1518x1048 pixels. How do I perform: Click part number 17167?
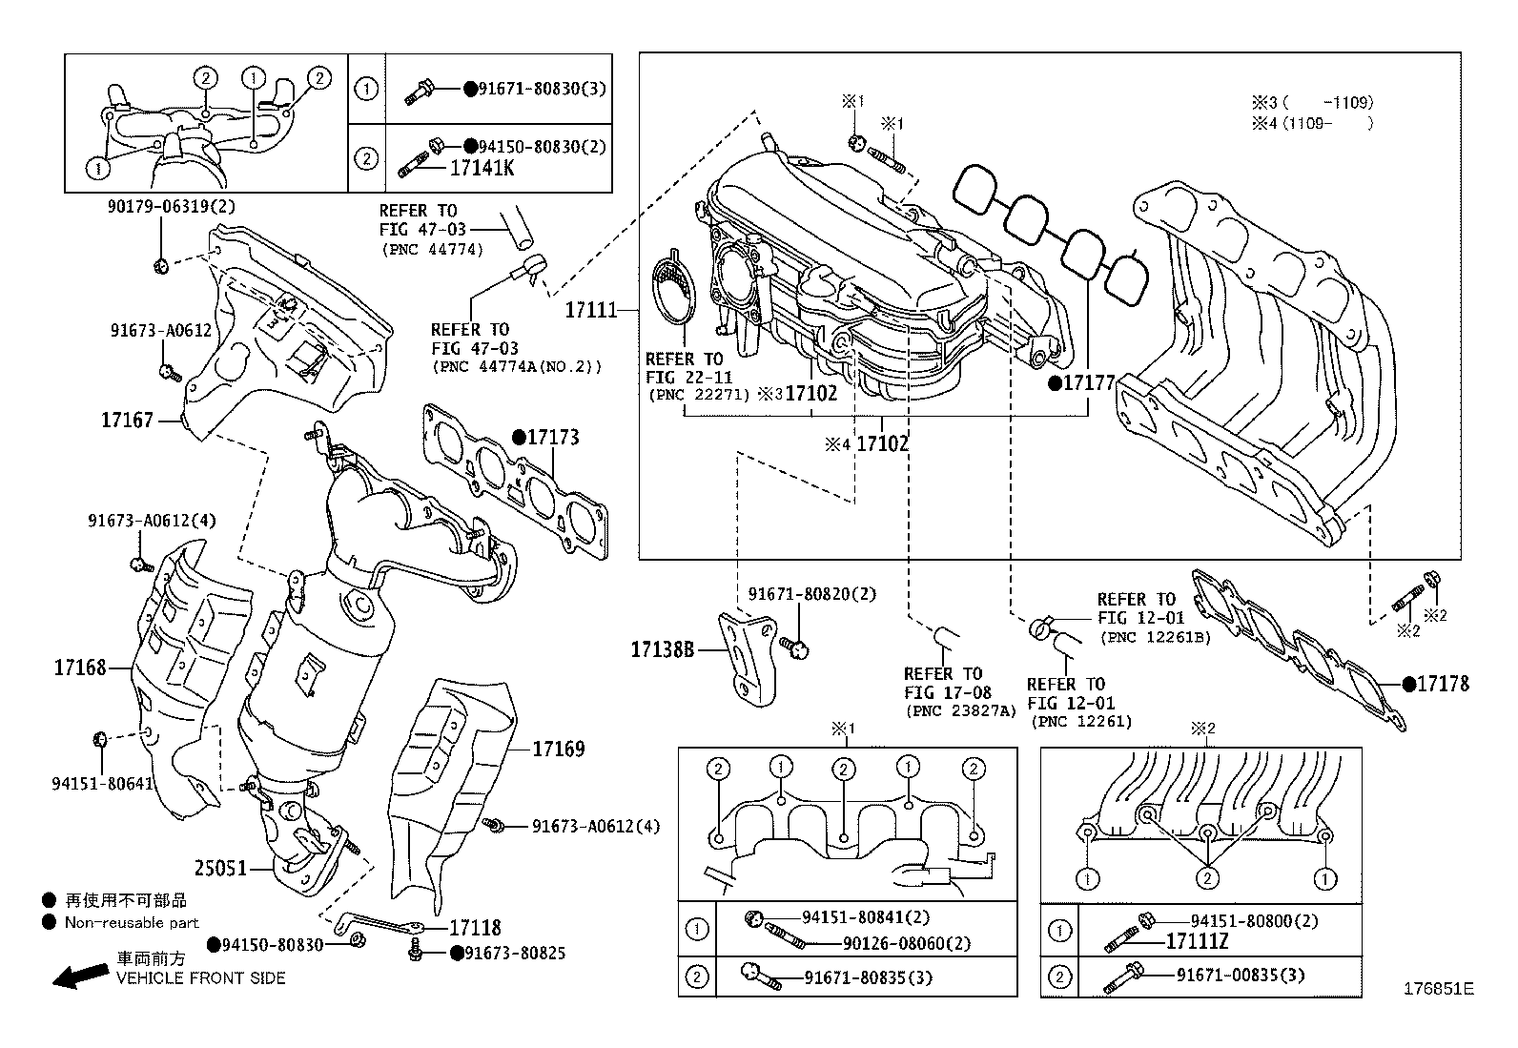click(x=127, y=420)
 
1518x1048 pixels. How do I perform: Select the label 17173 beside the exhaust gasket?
click(x=552, y=438)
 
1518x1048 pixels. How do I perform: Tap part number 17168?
click(x=79, y=668)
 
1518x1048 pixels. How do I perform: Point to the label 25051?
click(x=220, y=869)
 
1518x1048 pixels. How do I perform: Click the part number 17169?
click(x=558, y=750)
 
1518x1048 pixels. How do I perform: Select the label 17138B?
click(x=661, y=650)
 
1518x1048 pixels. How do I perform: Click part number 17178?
click(x=1442, y=684)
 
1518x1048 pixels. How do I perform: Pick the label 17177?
click(x=1088, y=383)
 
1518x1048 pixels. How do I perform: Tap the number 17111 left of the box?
click(x=591, y=310)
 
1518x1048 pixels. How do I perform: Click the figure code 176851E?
click(x=1438, y=989)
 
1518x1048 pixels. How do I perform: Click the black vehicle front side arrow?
click(x=79, y=975)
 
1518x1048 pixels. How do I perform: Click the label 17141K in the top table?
click(x=482, y=169)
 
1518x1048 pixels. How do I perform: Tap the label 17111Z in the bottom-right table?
click(x=1198, y=942)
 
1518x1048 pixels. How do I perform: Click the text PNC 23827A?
click(x=961, y=710)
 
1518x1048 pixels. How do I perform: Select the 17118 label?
click(x=474, y=928)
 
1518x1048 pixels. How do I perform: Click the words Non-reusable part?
click(x=132, y=922)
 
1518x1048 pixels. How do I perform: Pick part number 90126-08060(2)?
click(x=907, y=943)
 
